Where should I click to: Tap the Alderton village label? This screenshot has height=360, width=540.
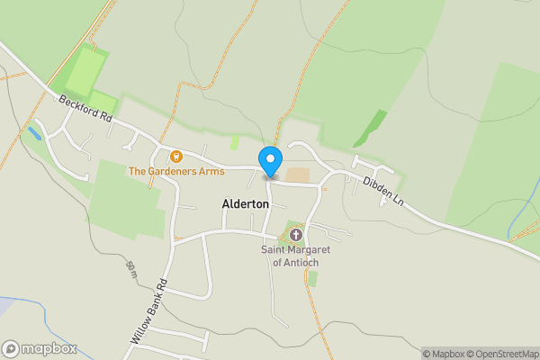[x=245, y=204]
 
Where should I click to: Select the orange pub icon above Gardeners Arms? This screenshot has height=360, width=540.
[x=175, y=157]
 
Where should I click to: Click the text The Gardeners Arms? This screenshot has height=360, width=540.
[x=175, y=170]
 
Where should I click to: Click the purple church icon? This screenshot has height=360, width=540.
[x=295, y=234]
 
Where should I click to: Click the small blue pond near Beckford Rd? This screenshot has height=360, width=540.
[x=34, y=133]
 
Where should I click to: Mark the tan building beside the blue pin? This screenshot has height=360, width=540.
[x=297, y=174]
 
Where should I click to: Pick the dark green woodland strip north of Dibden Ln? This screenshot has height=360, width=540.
[x=371, y=129]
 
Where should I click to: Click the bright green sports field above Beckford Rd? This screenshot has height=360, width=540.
[x=84, y=72]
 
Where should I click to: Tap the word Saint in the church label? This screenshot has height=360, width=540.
[x=275, y=249]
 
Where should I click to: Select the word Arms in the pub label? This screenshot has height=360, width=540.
[x=211, y=170]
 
